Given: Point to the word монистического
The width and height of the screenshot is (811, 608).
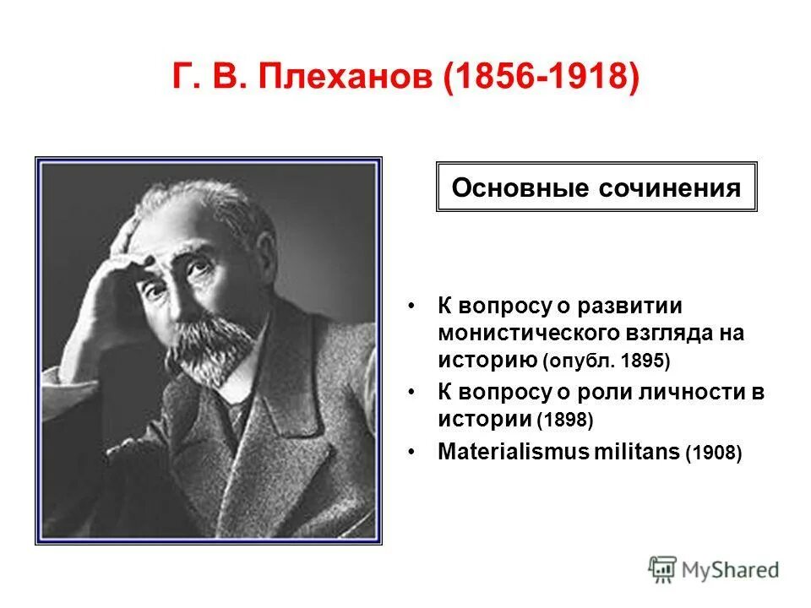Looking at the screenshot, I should pos(520,333).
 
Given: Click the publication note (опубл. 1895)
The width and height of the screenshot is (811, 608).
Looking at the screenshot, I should pos(607,361).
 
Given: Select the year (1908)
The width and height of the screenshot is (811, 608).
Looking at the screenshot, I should pos(714,453).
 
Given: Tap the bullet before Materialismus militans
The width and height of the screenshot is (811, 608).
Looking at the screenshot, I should pos(411,452).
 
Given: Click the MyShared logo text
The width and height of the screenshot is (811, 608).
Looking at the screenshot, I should pos(732,569).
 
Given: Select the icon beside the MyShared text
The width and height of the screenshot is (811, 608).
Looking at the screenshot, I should pos(663,569).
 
